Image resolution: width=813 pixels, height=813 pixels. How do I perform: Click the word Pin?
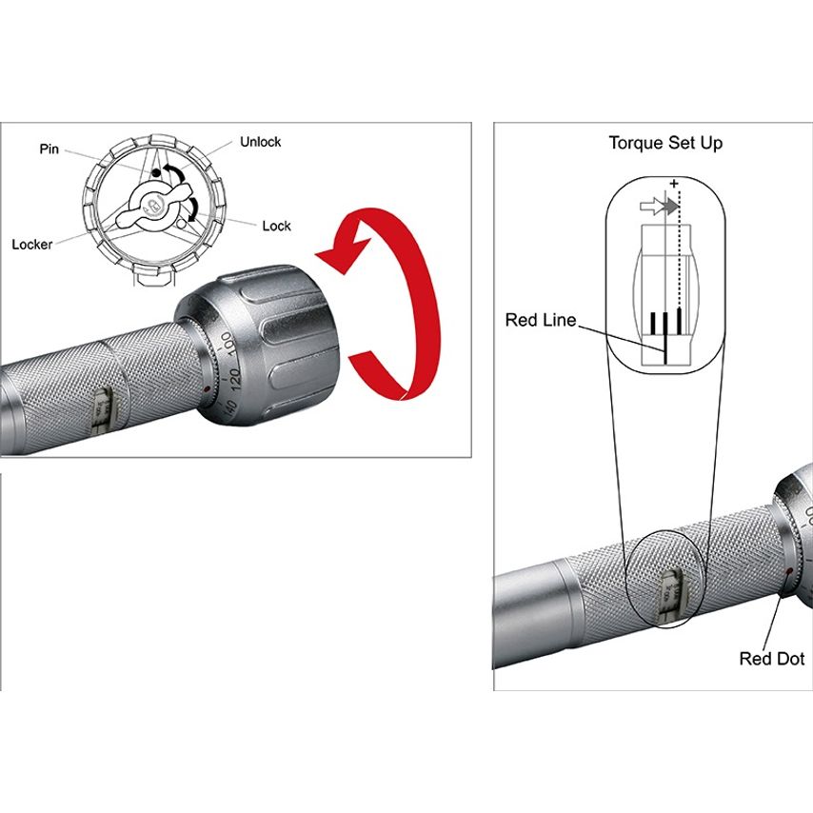coord(50,149)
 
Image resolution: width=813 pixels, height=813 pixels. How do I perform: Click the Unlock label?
coord(260,142)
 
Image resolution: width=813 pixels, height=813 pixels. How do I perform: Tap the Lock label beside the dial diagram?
coord(276,226)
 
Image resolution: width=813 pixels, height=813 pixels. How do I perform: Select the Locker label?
coord(32,244)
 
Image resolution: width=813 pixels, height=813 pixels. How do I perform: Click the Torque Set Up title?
coord(665,143)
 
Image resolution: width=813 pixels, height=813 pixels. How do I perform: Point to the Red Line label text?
coord(540,320)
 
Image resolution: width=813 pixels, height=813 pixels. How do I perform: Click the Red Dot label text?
coord(771,659)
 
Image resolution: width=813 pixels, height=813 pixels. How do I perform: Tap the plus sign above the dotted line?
coord(674,182)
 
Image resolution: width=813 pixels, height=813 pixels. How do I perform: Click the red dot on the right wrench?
coord(789,572)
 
